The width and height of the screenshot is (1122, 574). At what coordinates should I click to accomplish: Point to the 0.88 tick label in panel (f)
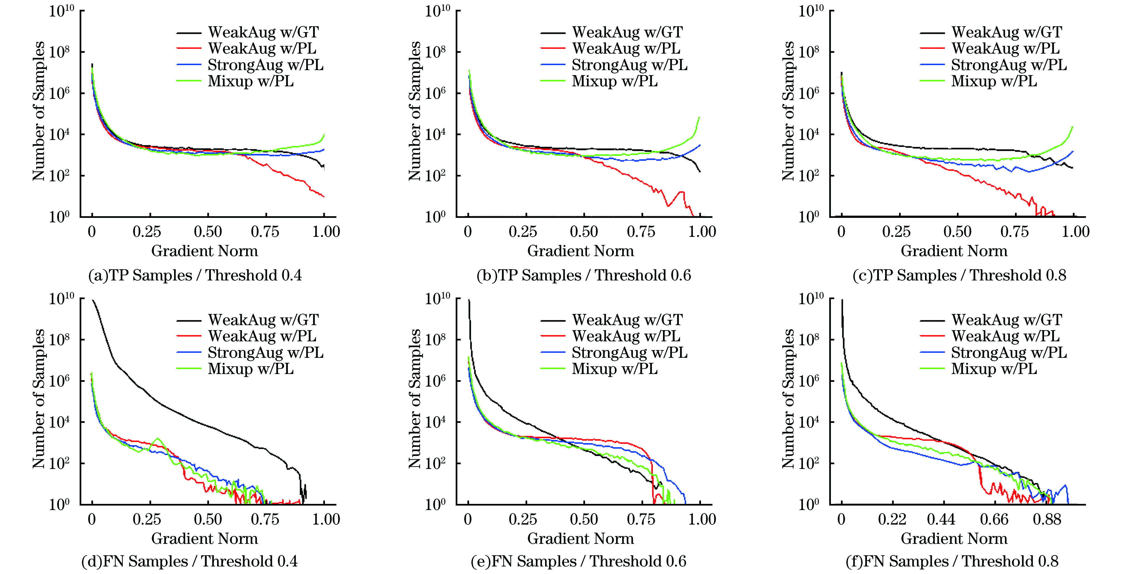point(1047,520)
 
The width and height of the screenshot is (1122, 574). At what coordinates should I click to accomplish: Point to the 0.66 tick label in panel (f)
point(994,520)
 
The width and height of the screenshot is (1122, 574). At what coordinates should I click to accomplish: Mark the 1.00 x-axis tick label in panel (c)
point(1075,232)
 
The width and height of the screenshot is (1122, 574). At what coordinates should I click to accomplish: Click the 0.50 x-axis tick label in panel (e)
point(584,520)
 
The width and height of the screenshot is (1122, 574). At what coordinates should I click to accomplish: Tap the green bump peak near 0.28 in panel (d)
point(157,438)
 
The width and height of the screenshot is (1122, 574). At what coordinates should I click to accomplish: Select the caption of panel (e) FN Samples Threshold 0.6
point(578,561)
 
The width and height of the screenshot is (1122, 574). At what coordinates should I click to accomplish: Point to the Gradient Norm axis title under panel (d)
point(204,539)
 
